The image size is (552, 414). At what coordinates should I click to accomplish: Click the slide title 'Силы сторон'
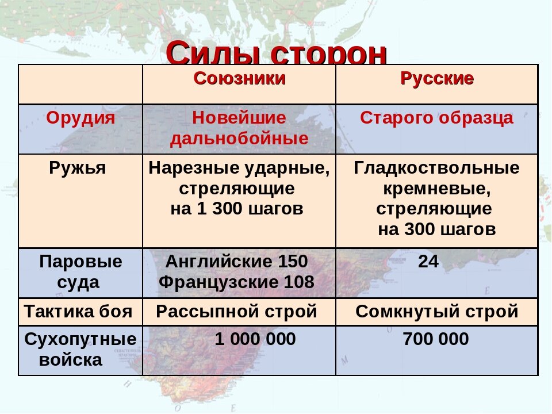(x=276, y=55)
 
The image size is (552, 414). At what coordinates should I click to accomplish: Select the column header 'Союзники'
(x=239, y=79)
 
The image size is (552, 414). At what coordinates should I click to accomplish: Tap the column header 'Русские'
(x=437, y=79)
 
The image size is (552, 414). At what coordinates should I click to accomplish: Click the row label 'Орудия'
(x=80, y=118)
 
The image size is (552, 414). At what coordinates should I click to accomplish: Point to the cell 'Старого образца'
(x=437, y=118)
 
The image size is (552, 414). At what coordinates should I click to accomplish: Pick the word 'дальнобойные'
(x=239, y=139)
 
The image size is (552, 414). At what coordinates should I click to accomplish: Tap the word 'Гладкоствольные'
(x=437, y=168)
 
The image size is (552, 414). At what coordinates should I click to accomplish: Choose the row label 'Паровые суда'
(x=80, y=272)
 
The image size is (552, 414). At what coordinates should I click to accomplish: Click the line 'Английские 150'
(x=236, y=262)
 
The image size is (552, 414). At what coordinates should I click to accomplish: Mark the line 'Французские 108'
(x=236, y=282)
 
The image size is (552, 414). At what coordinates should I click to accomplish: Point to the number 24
(x=428, y=262)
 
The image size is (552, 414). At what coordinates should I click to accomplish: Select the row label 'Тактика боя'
(x=78, y=312)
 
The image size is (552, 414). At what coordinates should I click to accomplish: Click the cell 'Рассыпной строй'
(x=236, y=312)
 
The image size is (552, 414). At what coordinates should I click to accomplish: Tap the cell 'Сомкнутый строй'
(x=437, y=312)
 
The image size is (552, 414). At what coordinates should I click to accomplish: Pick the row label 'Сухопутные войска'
(x=80, y=350)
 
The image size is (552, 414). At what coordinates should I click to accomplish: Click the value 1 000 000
(x=255, y=339)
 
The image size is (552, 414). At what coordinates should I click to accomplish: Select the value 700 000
(x=436, y=339)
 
